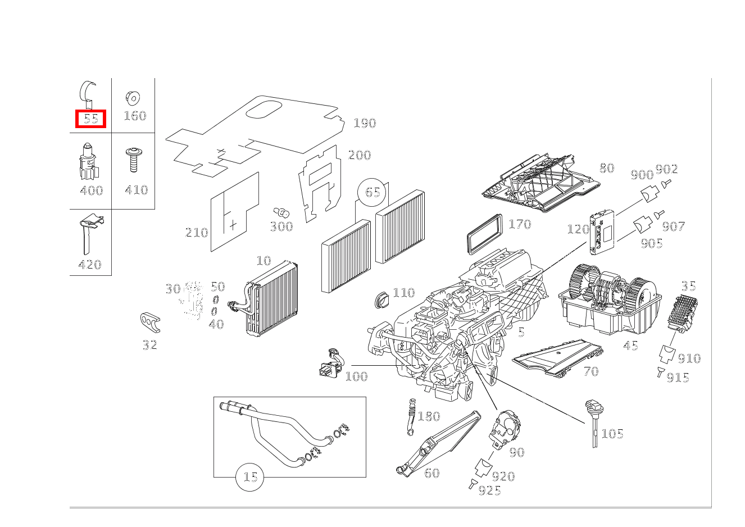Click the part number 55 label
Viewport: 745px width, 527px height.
[90, 119]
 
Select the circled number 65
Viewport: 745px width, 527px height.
[372, 193]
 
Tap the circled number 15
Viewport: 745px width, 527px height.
[250, 478]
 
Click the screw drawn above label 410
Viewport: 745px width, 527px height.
[134, 160]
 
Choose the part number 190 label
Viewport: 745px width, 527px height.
[365, 123]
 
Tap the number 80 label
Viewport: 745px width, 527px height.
[606, 168]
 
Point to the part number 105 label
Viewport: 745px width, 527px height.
[612, 434]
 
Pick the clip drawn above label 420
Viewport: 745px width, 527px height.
[89, 234]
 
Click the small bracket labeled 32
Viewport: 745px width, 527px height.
[150, 322]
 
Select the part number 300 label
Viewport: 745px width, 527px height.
[281, 226]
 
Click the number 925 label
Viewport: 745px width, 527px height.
[489, 491]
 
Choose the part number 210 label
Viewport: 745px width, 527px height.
[197, 233]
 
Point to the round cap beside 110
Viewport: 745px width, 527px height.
[383, 299]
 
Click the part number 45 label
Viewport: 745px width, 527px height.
[630, 346]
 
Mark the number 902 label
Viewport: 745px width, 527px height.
[667, 169]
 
